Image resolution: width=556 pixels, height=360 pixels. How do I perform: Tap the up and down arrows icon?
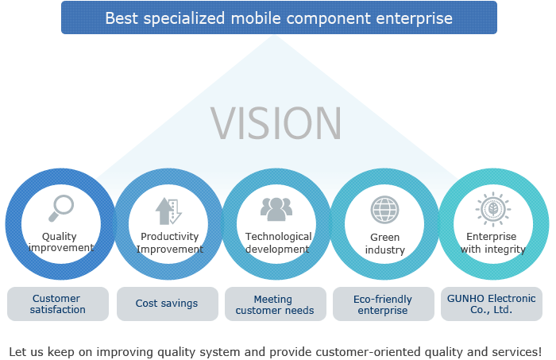point(168,211)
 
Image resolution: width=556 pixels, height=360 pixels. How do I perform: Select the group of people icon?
point(276,209)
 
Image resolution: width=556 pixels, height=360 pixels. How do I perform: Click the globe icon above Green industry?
point(384,210)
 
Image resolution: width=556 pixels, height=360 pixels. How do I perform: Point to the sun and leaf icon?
point(493,209)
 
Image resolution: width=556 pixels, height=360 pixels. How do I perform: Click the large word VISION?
point(276,123)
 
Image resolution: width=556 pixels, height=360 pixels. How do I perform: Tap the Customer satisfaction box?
point(58,304)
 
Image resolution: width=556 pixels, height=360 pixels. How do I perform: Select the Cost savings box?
point(168,304)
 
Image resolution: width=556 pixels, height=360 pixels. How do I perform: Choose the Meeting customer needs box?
point(276,304)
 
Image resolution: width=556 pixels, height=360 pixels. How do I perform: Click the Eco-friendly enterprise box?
point(384,304)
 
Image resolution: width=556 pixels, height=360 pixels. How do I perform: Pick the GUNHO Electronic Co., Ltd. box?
point(492,304)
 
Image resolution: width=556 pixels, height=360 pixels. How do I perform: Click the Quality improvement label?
point(60,242)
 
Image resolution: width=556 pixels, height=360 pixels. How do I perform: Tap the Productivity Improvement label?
point(170,242)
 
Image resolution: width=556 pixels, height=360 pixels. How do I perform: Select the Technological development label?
point(278,242)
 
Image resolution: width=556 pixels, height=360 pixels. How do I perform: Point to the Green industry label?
point(385,243)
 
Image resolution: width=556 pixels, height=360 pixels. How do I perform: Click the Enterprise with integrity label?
point(493,242)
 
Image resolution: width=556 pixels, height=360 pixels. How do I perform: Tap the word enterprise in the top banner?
point(414,19)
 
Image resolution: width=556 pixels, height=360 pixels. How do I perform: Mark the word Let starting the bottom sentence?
point(17,352)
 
